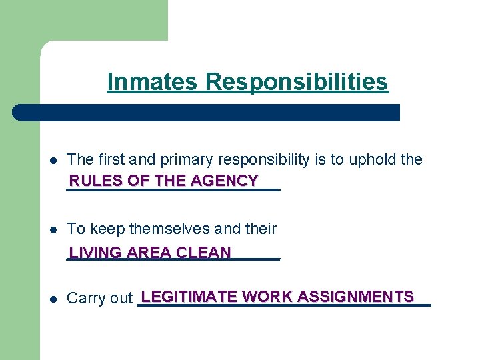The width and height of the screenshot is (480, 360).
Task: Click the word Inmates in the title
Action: pyautogui.click(x=152, y=82)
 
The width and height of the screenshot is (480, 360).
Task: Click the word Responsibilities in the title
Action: pyautogui.click(x=297, y=82)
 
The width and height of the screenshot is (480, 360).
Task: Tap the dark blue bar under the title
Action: pyautogui.click(x=207, y=112)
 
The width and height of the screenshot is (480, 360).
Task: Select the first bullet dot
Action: pyautogui.click(x=53, y=160)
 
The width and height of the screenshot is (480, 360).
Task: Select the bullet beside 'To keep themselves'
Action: pyautogui.click(x=53, y=229)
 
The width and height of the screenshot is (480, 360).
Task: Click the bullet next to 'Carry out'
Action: pyautogui.click(x=53, y=299)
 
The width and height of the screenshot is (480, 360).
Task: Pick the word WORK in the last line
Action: pyautogui.click(x=268, y=297)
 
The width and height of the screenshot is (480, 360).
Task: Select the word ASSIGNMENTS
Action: pyautogui.click(x=356, y=297)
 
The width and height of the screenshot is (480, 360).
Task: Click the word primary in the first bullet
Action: pyautogui.click(x=183, y=159)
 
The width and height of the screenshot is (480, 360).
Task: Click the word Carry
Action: pyautogui.click(x=85, y=299)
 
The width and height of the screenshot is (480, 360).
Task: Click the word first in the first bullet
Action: pyautogui.click(x=111, y=159)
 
